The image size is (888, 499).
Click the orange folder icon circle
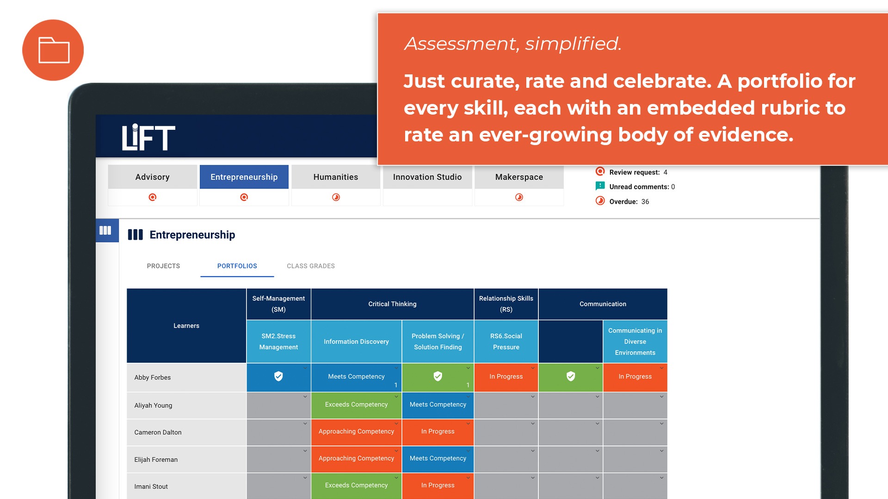(53, 50)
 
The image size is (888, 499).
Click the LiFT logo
(148, 137)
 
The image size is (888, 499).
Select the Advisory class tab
(152, 177)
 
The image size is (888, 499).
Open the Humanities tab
(335, 177)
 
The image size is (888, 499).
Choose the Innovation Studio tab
(427, 177)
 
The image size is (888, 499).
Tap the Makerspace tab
(519, 177)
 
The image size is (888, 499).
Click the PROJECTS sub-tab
(163, 266)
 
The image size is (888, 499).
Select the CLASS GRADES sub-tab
(310, 266)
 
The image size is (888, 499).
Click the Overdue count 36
(645, 201)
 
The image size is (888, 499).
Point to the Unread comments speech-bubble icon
(600, 186)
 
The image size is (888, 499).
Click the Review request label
(634, 172)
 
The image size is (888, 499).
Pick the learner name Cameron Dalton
(158, 432)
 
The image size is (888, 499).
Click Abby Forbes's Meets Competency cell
(356, 377)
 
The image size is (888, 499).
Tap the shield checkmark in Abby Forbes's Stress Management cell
(278, 377)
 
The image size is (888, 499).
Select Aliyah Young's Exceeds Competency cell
(356, 405)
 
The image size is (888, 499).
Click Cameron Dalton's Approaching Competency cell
(356, 432)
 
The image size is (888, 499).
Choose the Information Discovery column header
(356, 341)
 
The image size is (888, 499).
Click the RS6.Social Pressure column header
(506, 341)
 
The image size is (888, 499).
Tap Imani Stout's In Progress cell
(438, 485)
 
